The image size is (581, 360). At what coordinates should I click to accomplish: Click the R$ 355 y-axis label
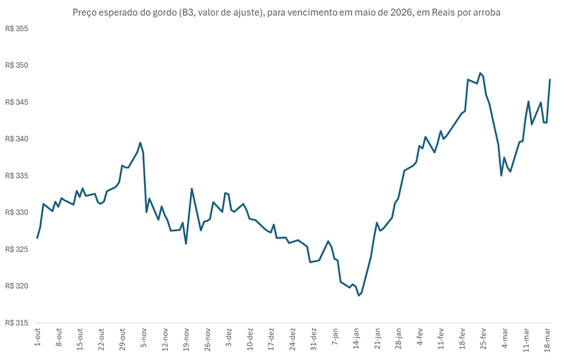pos(16,28)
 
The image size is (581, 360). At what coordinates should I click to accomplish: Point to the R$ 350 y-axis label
pos(16,65)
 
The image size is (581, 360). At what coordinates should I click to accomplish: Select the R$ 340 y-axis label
pos(16,139)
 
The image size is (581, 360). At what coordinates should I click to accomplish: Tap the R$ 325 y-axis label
pos(16,249)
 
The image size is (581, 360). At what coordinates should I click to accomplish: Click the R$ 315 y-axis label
pos(16,323)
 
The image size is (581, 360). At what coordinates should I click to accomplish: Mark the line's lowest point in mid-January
pos(359,295)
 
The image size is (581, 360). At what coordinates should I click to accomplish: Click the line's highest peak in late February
pos(480,73)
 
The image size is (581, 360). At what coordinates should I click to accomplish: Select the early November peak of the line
pos(140,143)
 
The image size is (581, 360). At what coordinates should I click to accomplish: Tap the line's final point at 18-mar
pos(550,80)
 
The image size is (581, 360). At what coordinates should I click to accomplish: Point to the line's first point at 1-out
pos(37,238)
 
